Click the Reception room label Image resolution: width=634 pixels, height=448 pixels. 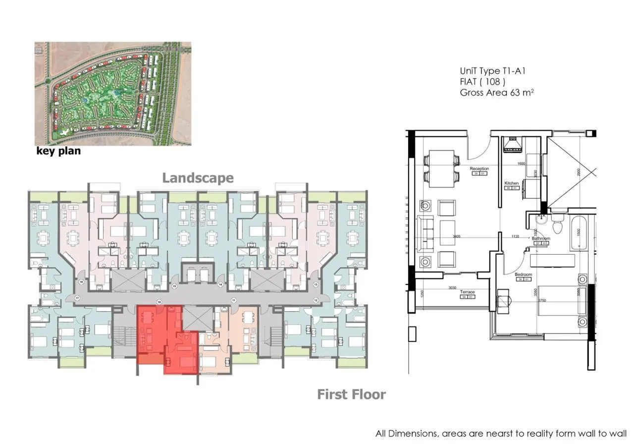pos(479,169)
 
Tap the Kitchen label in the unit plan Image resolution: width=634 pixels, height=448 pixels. pos(511,183)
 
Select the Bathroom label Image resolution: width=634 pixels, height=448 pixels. pos(541,238)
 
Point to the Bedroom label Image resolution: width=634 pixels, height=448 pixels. pos(523,275)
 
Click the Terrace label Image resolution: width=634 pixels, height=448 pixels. pos(467,292)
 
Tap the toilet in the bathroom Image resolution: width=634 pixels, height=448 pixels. pos(558,226)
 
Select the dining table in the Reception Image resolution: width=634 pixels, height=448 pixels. pos(441,168)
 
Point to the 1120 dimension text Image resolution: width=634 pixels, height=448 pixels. pos(515,237)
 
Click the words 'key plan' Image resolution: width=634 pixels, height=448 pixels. pos(58,151)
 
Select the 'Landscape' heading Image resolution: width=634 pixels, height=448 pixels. pos(198,178)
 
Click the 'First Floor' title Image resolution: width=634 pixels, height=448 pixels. pos(351,394)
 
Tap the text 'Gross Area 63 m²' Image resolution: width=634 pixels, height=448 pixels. pos(497,93)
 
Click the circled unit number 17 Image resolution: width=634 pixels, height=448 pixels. pos(77,298)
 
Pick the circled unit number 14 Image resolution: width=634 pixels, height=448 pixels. pos(220,284)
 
